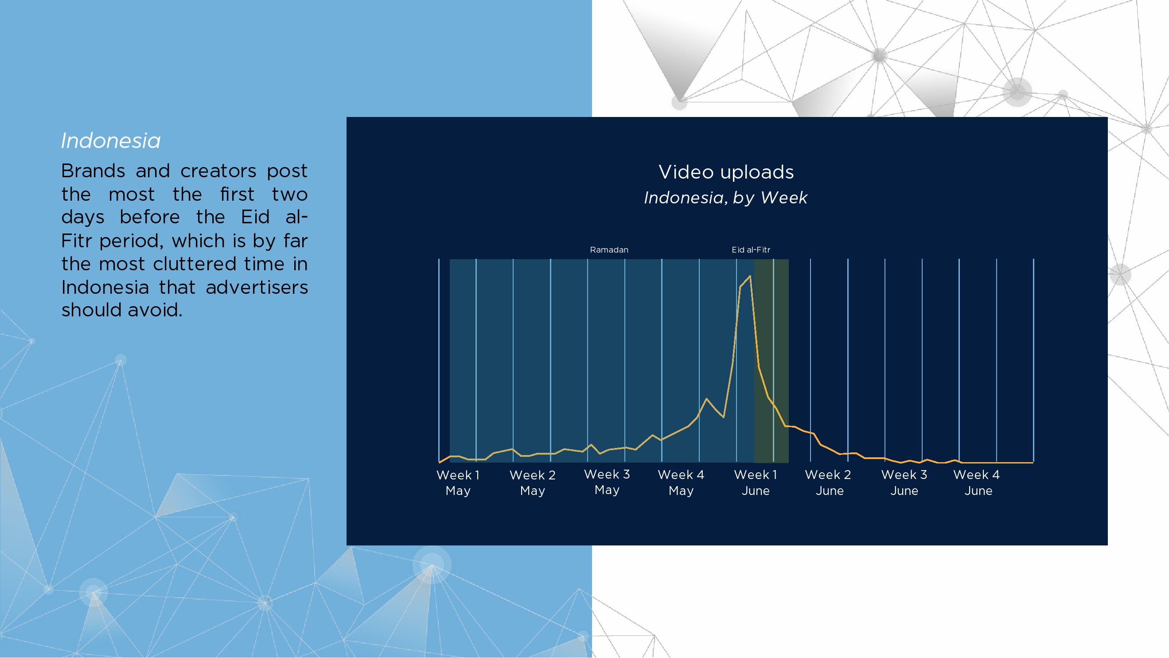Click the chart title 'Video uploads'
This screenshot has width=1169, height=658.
pos(726,172)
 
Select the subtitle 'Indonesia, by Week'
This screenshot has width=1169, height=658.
pos(725,198)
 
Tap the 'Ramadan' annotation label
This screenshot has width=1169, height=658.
pos(609,249)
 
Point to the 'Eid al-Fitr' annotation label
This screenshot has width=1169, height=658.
pos(751,249)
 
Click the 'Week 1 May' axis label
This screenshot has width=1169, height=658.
pos(458,483)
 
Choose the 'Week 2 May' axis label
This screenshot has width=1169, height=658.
pos(532,483)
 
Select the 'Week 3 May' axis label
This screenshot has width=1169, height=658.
pos(607,482)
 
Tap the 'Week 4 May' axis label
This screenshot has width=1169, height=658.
pos(681,483)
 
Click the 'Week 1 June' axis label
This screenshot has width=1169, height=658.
pos(756,483)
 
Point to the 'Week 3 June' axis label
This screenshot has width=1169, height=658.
pos(904,483)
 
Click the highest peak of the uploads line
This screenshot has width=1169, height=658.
pos(750,276)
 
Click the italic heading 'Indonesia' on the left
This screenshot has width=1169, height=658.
pos(111,140)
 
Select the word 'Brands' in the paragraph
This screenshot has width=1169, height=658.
pos(93,171)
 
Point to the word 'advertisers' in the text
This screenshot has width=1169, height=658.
pos(257,287)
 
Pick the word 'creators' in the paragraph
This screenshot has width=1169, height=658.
pos(218,171)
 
